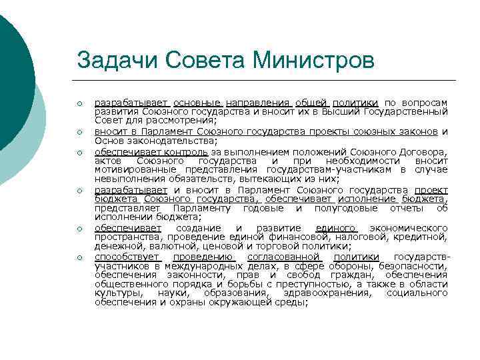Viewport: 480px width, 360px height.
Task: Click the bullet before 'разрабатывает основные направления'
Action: click(79, 103)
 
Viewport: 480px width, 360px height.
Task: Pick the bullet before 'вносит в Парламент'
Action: click(79, 132)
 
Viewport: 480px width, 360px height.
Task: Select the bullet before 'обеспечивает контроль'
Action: click(79, 152)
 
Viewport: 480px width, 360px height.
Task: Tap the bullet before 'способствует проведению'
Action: click(79, 258)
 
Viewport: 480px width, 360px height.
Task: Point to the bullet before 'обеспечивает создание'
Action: click(79, 229)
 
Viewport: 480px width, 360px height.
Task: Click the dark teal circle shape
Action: click(13, 80)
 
